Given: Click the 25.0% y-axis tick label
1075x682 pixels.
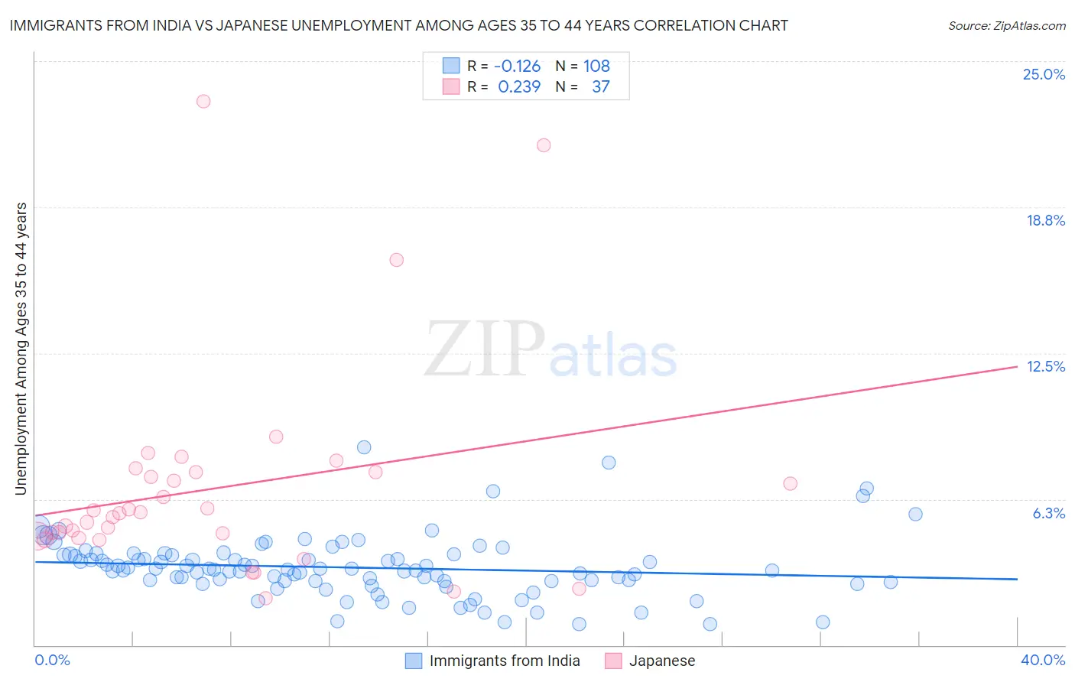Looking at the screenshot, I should click(x=1044, y=74).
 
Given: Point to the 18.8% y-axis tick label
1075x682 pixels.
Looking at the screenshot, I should click(x=1045, y=220).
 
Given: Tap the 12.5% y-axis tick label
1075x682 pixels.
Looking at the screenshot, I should click(x=1045, y=366).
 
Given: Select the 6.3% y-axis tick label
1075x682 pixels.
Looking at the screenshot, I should click(x=1048, y=513).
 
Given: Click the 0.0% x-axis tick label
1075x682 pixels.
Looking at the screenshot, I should click(x=52, y=660).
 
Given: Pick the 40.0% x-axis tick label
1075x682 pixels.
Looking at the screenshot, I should click(x=1042, y=660).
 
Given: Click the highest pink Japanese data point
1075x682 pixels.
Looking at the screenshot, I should click(x=203, y=101).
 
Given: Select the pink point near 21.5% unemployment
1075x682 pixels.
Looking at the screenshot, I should click(x=544, y=145).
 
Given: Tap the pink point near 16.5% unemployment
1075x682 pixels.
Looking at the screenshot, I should click(x=396, y=260).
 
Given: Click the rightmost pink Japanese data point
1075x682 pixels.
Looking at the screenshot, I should click(x=791, y=483).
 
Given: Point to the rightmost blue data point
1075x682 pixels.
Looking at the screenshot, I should click(x=915, y=514).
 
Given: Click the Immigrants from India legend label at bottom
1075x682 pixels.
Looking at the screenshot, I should click(x=505, y=661).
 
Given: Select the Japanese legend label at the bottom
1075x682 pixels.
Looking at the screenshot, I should click(x=662, y=661).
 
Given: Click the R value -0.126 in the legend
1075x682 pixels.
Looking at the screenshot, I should click(x=517, y=67).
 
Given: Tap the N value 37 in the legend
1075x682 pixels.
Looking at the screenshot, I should click(x=601, y=87).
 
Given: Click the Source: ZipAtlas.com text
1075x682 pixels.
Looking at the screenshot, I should click(x=1006, y=25).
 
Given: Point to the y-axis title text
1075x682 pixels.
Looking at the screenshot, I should click(x=21, y=349).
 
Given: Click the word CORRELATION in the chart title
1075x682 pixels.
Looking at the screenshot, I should click(x=690, y=25).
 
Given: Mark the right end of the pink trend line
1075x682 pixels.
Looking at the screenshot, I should click(x=1017, y=367).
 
